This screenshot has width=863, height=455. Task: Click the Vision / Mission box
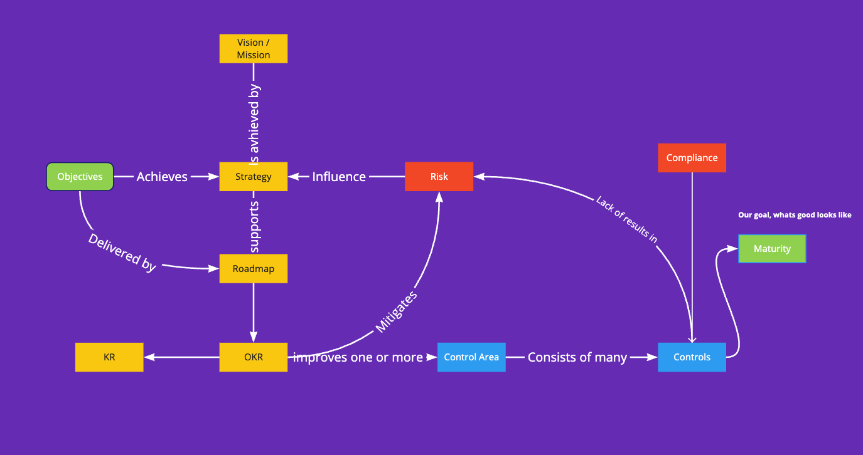254,49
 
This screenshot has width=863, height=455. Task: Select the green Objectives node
80,177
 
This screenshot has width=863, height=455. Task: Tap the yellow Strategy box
254,177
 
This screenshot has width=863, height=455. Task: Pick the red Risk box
439,177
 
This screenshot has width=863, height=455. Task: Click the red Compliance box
692,158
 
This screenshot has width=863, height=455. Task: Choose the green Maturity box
772,249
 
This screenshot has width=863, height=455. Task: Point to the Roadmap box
254,269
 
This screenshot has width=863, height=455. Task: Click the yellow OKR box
254,357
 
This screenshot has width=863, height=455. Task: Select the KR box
109,357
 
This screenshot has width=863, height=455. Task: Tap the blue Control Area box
471,357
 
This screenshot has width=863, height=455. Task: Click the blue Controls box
692,357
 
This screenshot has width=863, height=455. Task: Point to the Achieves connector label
162,177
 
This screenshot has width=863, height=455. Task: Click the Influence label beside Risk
339,177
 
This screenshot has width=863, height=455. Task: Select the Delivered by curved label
122,253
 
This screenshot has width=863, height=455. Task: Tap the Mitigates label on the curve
396,311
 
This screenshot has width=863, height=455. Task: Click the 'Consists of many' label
577,357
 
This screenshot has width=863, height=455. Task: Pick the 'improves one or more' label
358,357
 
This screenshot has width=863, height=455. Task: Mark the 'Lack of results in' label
626,219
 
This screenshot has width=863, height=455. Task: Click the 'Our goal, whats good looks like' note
795,215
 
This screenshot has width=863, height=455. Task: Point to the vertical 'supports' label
254,225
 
